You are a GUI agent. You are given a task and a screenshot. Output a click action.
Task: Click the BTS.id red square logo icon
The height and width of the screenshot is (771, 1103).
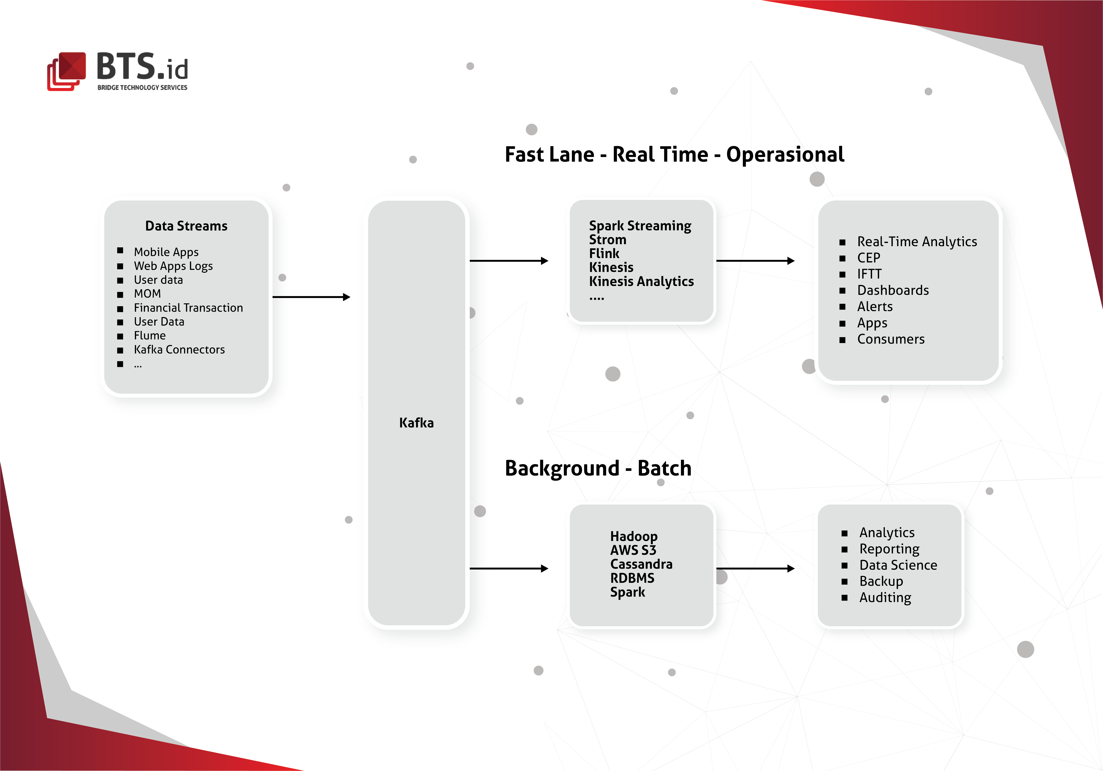[x=66, y=71]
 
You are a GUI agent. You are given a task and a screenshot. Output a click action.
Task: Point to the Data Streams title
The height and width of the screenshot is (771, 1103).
[x=186, y=226]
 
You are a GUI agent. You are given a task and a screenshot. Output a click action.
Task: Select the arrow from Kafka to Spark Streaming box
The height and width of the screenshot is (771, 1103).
[x=509, y=261]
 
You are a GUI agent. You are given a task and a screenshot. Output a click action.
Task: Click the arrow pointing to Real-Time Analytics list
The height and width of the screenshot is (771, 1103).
[x=755, y=261]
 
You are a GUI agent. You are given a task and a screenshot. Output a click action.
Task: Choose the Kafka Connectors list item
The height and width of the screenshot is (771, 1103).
[x=179, y=350]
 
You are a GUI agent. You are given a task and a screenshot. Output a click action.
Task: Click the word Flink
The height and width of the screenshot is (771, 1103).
[x=604, y=254]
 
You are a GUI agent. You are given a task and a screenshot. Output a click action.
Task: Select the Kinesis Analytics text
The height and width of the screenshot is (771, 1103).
[x=641, y=282]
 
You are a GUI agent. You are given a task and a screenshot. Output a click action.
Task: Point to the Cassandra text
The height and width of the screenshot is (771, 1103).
[x=641, y=564]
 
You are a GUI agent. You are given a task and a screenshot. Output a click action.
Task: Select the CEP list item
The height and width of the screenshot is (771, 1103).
[x=869, y=258]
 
